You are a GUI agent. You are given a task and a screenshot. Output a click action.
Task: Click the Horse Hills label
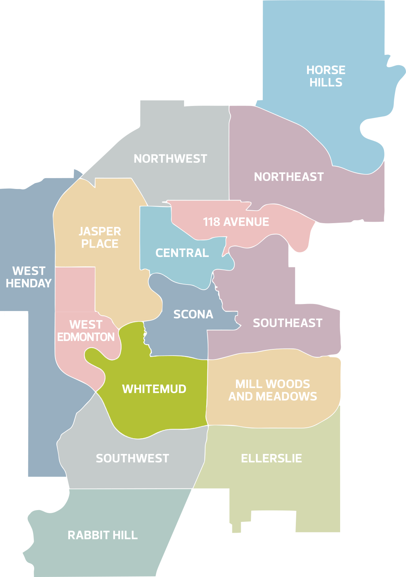[x=326, y=76]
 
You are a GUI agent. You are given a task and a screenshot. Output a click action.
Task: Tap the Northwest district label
[x=170, y=159]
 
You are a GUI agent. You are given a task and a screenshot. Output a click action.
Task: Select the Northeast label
[x=289, y=177]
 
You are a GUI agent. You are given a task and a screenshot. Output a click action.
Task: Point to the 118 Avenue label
[x=236, y=222]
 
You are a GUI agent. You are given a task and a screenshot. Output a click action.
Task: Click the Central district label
[x=182, y=253]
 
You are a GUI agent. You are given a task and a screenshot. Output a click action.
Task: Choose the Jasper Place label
[x=100, y=237]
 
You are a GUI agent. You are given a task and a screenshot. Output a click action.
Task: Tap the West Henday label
[x=29, y=277]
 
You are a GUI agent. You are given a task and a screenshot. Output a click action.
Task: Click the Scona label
[x=193, y=314]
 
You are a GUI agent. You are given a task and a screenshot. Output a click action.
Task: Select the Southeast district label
[x=288, y=323]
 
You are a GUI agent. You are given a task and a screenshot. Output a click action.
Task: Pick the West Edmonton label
[x=86, y=331]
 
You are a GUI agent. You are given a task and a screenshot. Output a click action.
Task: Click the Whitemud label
[x=154, y=389]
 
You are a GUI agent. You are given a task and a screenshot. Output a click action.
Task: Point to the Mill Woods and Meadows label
[x=273, y=390]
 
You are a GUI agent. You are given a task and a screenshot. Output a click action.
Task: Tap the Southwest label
[x=132, y=458]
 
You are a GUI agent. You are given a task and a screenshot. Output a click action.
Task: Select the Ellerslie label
[x=271, y=458]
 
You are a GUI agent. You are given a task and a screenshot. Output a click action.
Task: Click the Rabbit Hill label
[x=102, y=535]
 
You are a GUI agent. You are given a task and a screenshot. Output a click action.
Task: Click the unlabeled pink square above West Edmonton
[x=75, y=289]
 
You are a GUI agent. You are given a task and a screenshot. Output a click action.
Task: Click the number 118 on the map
[x=211, y=222]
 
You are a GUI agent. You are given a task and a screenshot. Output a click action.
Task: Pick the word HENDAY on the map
[x=29, y=283]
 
